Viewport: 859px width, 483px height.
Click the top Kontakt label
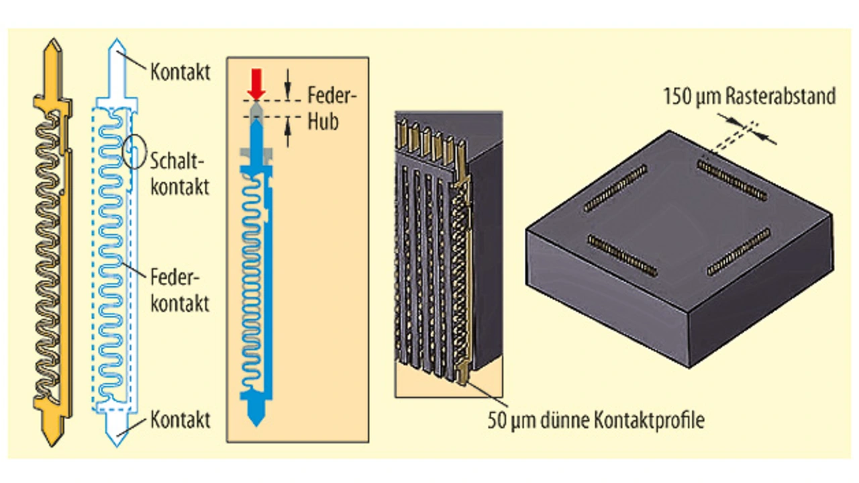[180, 71]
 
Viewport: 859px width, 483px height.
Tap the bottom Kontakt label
[180, 420]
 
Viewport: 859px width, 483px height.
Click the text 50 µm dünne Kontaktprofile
[596, 421]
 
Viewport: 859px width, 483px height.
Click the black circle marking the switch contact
[134, 152]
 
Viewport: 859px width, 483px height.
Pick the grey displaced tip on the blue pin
[256, 109]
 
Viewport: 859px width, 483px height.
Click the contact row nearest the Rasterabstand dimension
[732, 180]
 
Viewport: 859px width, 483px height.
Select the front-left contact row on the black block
[621, 255]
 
